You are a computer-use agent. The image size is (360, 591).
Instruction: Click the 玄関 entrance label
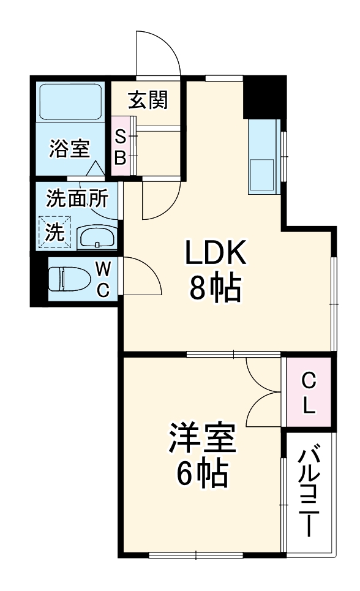pos(148,100)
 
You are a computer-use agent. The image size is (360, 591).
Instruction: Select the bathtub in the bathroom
pos(70,102)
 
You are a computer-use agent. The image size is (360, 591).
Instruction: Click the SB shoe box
pos(121,148)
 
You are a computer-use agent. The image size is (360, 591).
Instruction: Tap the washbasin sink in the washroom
pos(97,236)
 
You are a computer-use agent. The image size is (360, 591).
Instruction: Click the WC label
pos(103,279)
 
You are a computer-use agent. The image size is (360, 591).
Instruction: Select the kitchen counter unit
pos(264,156)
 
